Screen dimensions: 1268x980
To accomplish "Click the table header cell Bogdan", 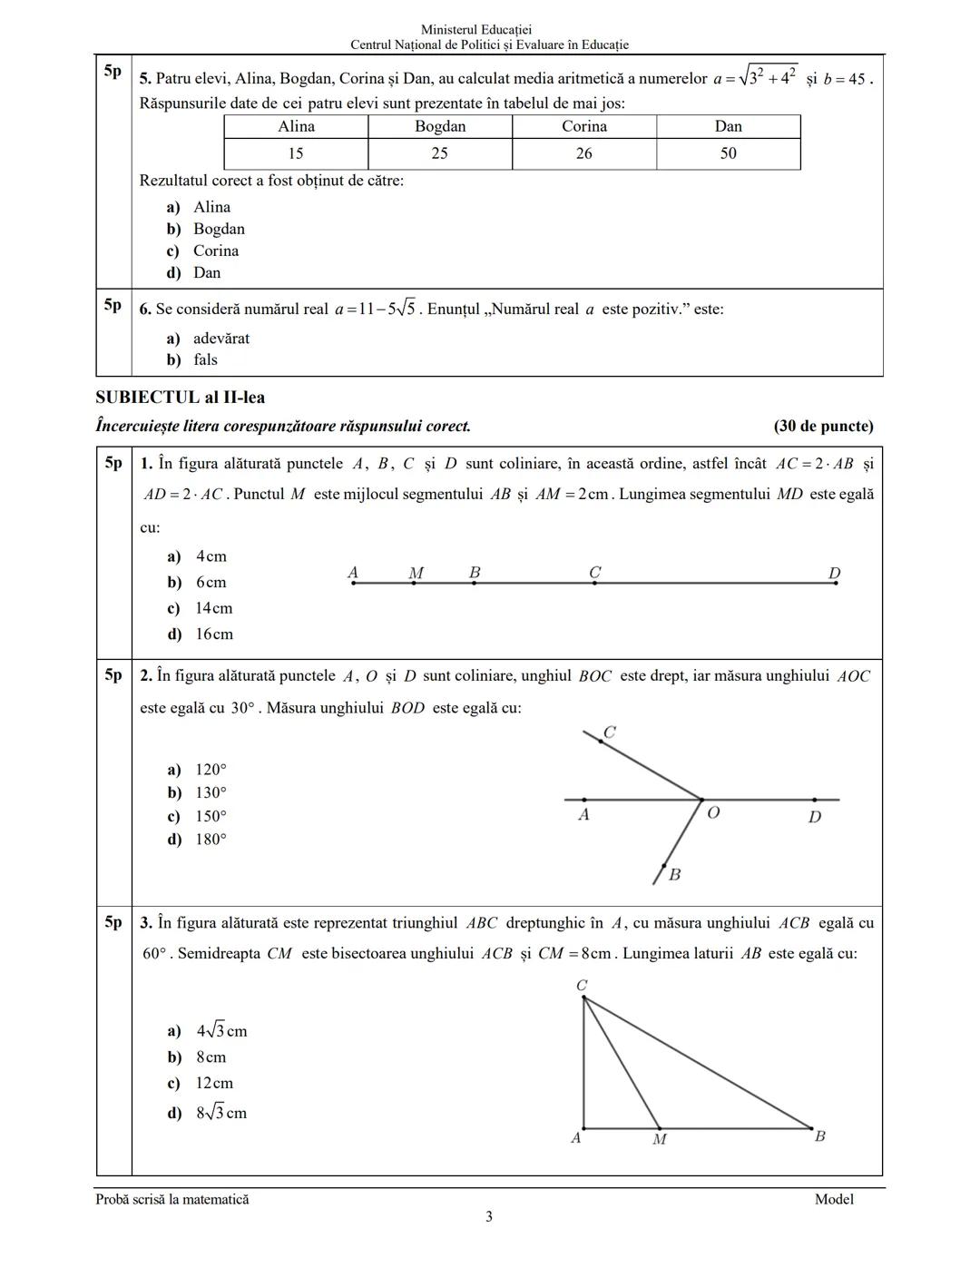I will [440, 127].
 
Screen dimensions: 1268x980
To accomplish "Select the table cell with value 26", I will [583, 153].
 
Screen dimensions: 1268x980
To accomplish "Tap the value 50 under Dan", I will [729, 153].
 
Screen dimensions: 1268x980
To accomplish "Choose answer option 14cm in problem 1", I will [213, 608].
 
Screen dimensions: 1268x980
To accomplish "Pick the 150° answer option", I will [211, 816].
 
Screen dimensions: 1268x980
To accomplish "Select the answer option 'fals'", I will [205, 359].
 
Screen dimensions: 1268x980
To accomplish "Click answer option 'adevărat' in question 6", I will [220, 339].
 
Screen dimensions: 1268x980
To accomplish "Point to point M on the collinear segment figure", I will [414, 583].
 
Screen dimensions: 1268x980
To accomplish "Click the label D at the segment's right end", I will [835, 573].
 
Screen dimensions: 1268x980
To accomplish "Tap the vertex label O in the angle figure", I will [713, 812].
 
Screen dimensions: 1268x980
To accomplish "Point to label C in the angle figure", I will [610, 732].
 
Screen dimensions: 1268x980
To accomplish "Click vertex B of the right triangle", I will [812, 1129].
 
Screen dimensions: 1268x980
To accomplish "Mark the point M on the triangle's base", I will [660, 1129].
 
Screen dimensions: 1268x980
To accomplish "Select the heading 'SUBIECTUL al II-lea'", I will [180, 398].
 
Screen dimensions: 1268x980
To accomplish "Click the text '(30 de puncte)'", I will [823, 426].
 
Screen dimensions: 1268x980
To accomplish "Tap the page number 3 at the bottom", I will [489, 1217].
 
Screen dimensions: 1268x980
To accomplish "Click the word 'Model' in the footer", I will [834, 1199].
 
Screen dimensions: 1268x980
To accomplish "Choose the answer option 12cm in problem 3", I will [214, 1083].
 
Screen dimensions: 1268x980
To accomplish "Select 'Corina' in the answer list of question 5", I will [216, 251].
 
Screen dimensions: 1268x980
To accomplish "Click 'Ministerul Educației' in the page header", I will [489, 30].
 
